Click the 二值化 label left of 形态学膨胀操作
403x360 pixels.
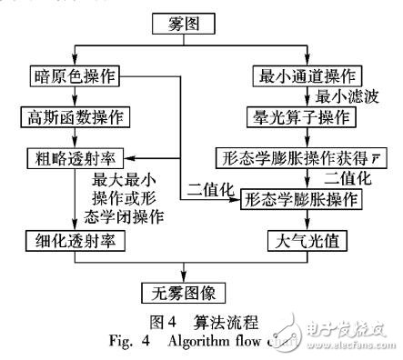tap(207, 190)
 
